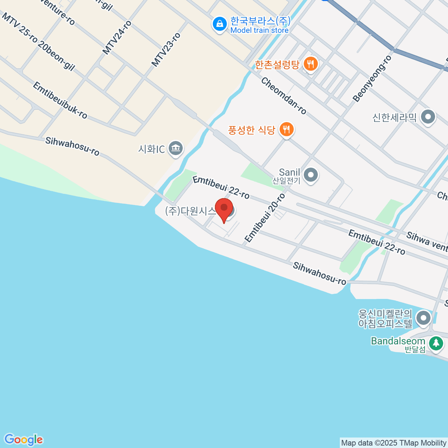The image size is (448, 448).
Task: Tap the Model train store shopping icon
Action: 220,24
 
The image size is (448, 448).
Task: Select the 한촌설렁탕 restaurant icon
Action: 310,64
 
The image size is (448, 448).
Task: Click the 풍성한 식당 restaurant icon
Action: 286,130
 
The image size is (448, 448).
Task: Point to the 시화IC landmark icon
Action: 175,149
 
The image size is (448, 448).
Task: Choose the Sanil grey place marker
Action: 311,175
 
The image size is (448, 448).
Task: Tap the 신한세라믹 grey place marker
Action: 428,117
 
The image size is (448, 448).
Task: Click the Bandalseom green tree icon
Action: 436,343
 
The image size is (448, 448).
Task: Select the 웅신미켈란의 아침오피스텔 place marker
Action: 423,318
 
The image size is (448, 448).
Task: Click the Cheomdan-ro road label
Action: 284,96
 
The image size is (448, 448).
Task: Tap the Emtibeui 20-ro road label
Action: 265,218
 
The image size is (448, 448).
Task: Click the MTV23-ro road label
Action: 166,50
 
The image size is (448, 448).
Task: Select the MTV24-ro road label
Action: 117,38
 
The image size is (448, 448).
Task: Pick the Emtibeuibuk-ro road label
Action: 60,100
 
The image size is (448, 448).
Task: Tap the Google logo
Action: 24,440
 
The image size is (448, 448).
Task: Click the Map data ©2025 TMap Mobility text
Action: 394,443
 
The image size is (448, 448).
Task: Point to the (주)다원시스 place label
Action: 190,211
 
